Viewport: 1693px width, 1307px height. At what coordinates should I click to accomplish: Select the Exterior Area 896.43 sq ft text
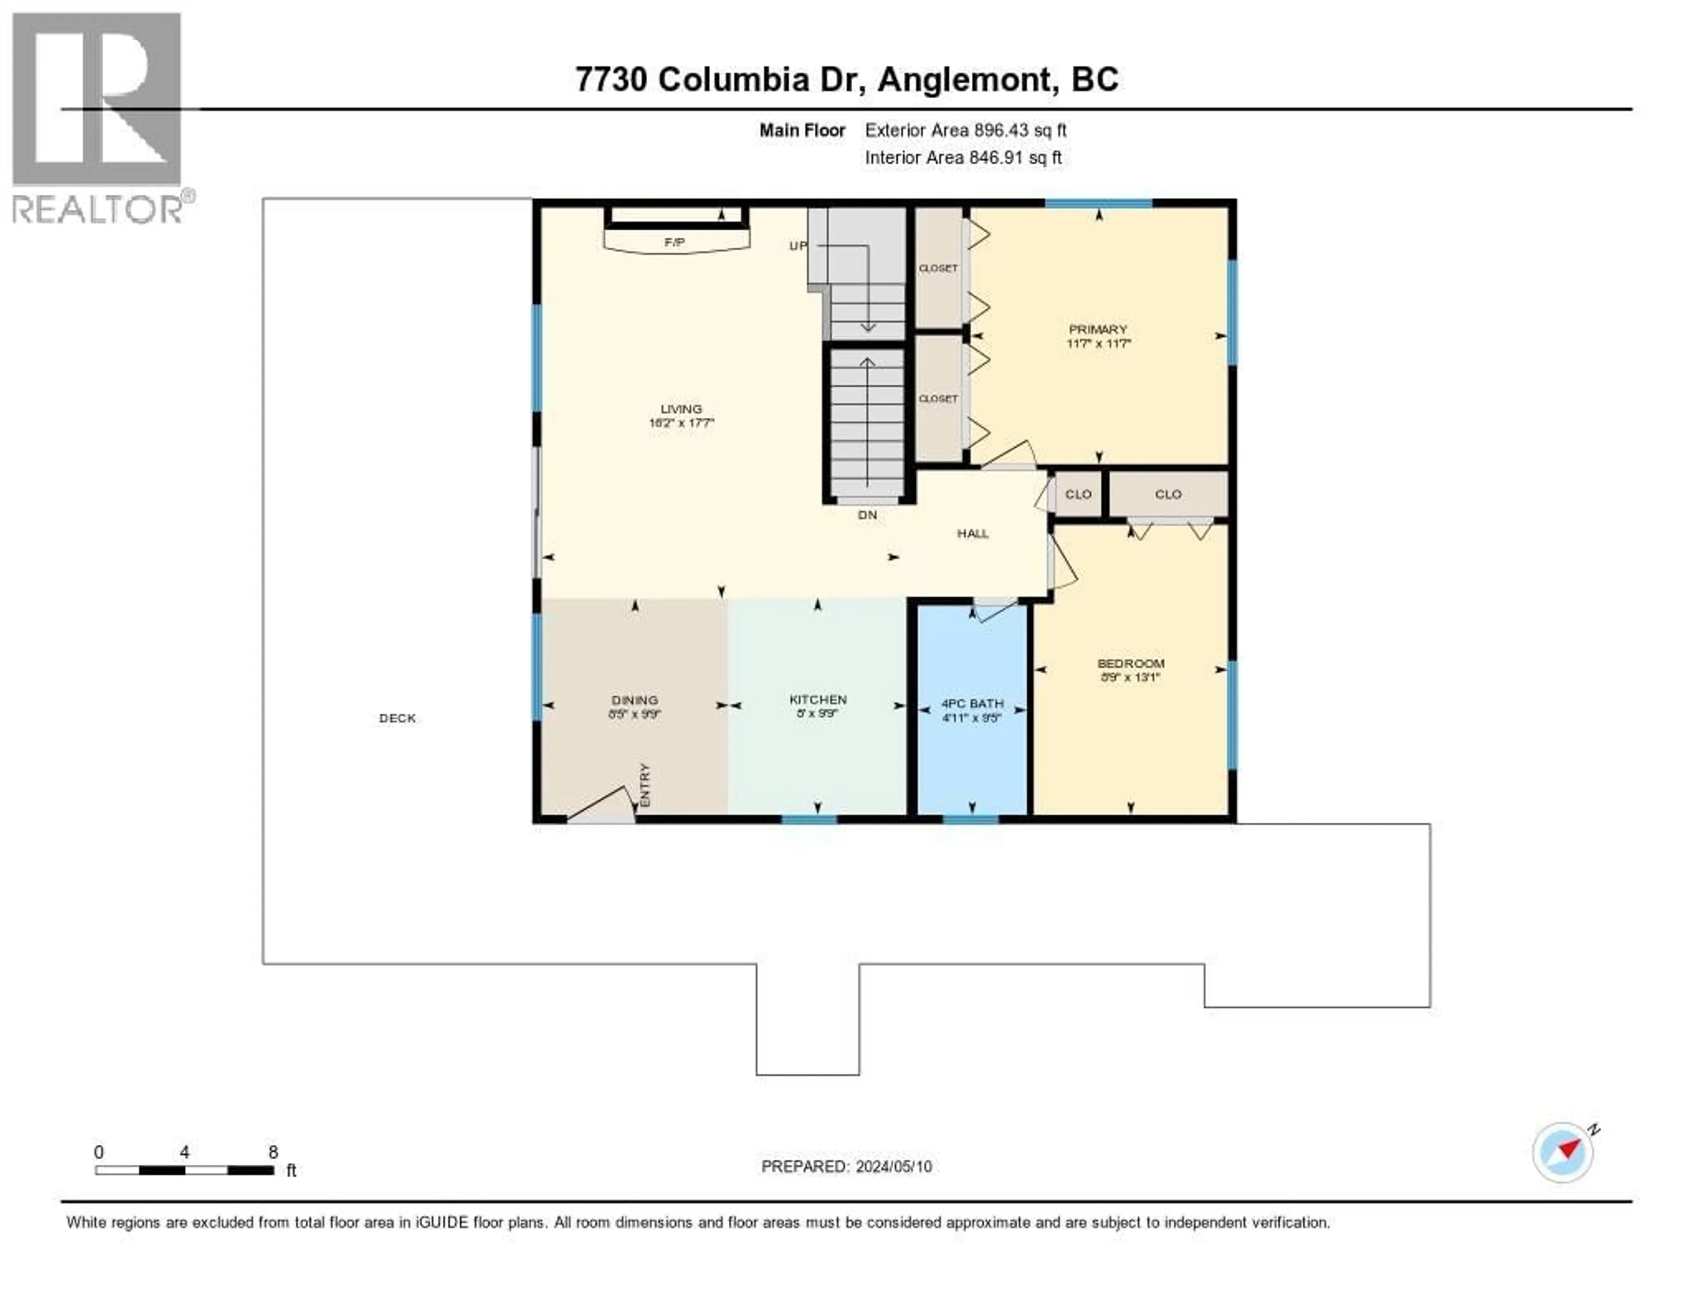(x=965, y=130)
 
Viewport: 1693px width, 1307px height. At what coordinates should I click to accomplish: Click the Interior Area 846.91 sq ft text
(x=963, y=157)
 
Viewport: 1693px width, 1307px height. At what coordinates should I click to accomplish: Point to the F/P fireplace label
(x=675, y=242)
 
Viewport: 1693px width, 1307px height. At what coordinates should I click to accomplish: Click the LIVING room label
(x=681, y=408)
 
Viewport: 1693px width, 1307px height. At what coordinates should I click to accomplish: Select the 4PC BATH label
(x=972, y=703)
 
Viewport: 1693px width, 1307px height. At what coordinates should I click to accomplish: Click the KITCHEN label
(x=818, y=699)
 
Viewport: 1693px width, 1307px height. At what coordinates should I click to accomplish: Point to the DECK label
(x=397, y=718)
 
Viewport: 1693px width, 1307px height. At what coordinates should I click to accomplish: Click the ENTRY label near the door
(x=645, y=785)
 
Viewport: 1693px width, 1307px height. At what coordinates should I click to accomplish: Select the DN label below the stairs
(x=867, y=514)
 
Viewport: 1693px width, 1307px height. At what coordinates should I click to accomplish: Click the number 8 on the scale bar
(x=273, y=1152)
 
